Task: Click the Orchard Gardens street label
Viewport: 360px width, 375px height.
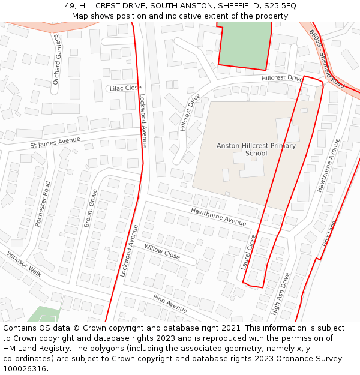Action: [x=57, y=59]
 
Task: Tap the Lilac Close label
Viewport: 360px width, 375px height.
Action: [x=126, y=88]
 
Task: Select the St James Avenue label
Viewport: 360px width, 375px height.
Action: [x=55, y=142]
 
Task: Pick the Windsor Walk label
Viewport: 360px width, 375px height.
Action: [x=24, y=264]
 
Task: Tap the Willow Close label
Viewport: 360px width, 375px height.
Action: [x=162, y=251]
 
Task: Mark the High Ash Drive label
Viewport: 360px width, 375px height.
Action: [x=280, y=294]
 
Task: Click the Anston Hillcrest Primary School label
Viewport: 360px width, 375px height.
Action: [x=256, y=149]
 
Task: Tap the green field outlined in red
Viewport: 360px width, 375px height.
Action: [x=243, y=44]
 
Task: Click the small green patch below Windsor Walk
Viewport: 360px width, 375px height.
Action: [x=43, y=314]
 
